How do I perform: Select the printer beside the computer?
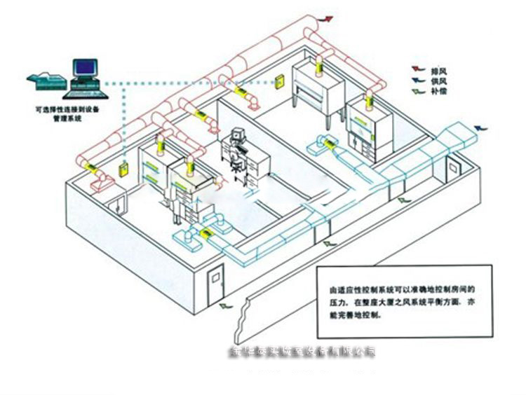(x=43, y=78)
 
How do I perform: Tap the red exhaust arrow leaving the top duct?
(x=326, y=19)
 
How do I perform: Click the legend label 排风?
(x=440, y=70)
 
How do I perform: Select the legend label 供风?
(x=440, y=81)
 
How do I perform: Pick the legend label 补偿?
(x=440, y=91)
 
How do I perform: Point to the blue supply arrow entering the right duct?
(x=481, y=127)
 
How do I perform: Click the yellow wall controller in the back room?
(x=278, y=81)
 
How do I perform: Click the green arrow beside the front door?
(x=224, y=306)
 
